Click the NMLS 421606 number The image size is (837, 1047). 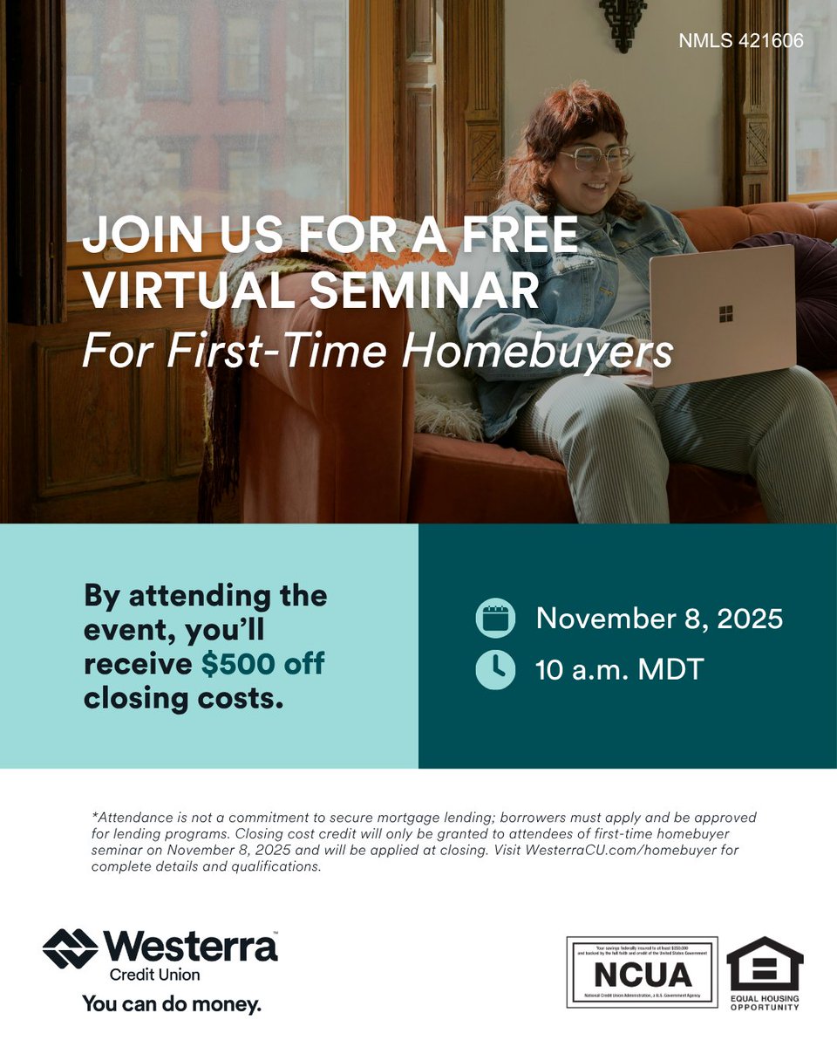point(740,41)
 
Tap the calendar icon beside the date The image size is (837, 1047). point(495,619)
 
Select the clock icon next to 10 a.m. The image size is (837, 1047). point(495,669)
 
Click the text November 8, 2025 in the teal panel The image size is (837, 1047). point(659,619)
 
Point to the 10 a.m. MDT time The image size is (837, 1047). point(619,669)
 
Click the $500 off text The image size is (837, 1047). point(262,663)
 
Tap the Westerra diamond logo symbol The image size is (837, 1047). point(71,948)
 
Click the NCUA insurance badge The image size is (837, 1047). point(642,972)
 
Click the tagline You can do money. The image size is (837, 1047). point(172,1004)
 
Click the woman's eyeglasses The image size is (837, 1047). point(595,158)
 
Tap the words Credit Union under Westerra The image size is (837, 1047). point(154,974)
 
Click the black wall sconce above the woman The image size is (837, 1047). point(623,22)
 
